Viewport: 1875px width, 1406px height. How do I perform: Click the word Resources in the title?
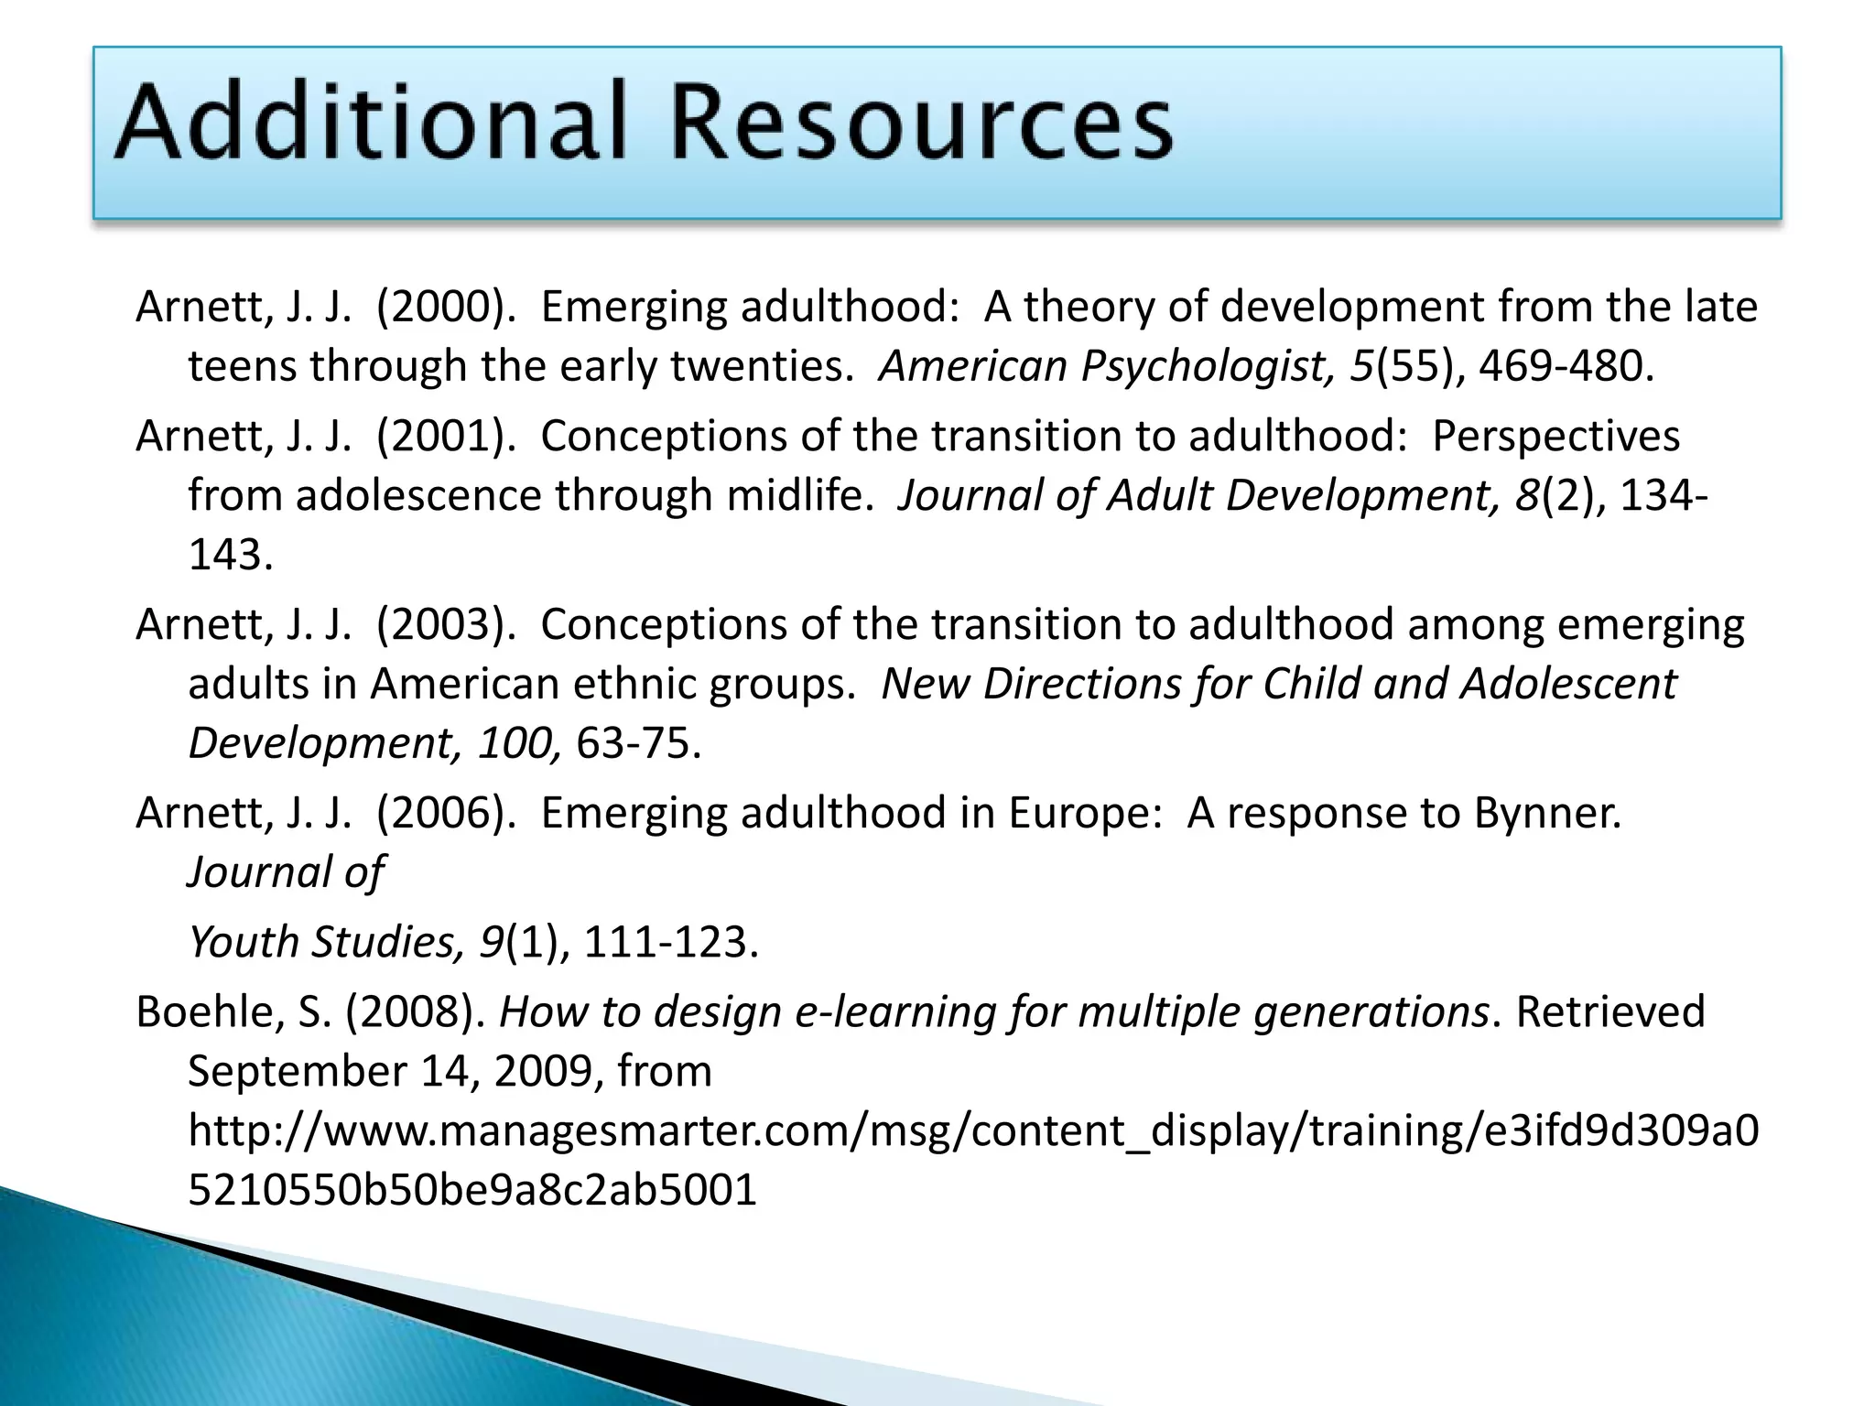point(921,122)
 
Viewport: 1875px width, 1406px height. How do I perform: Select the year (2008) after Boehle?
point(415,1011)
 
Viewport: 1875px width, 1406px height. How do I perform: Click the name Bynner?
point(1547,813)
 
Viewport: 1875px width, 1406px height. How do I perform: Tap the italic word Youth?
point(243,942)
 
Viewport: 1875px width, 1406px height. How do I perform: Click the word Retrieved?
point(1610,1011)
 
